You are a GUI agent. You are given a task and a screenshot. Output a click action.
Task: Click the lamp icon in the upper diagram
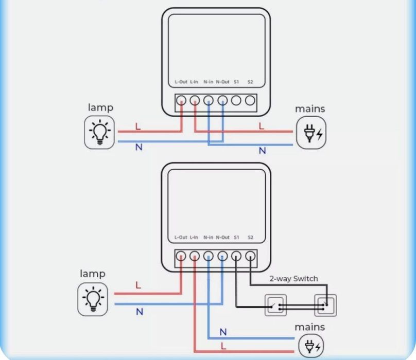[x=99, y=133]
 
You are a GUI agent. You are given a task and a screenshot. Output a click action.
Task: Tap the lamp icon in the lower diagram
[x=93, y=300]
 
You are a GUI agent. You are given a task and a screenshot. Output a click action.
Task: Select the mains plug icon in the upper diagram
[x=311, y=133]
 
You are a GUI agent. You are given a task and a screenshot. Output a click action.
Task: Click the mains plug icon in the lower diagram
[x=311, y=345]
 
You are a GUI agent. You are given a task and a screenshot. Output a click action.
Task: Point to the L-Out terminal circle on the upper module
[x=181, y=101]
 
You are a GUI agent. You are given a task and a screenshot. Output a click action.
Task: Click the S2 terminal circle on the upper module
[x=250, y=101]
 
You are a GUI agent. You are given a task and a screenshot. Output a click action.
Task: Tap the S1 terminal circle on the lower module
[x=236, y=256]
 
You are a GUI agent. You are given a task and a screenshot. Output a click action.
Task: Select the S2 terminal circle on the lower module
[x=250, y=256]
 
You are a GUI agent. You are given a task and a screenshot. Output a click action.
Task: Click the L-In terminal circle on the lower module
[x=195, y=256]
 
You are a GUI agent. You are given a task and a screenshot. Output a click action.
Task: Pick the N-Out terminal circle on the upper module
[x=222, y=101]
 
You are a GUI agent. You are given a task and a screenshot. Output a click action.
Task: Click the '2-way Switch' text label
[x=294, y=279]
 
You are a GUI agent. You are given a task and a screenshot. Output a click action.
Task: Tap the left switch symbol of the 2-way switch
[x=276, y=305]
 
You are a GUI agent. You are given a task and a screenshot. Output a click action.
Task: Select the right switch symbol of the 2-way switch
[x=324, y=305]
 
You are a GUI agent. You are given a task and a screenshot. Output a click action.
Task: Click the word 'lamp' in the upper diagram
[x=100, y=107]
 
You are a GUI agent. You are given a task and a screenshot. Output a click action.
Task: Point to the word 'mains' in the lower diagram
[x=310, y=327]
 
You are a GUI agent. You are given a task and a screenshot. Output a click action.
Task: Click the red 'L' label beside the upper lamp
[x=137, y=126]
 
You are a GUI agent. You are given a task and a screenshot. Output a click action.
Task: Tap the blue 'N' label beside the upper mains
[x=262, y=151]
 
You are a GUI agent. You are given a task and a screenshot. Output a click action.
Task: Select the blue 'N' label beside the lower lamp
[x=139, y=312]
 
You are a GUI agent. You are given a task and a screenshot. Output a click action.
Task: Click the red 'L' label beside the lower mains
[x=223, y=346]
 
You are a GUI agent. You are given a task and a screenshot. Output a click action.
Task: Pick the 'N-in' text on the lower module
[x=209, y=237]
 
